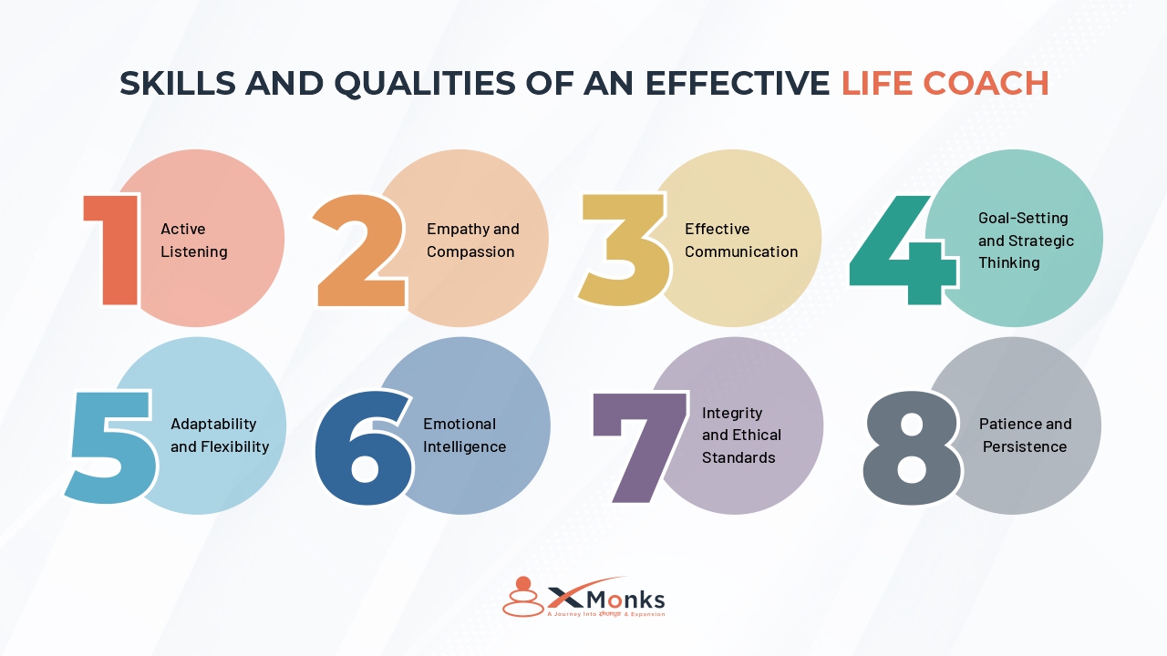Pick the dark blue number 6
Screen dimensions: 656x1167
coord(362,446)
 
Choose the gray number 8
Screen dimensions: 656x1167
coord(912,446)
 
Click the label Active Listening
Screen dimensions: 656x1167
coord(193,241)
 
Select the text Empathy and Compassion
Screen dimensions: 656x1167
coord(472,241)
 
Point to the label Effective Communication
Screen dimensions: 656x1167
coord(740,241)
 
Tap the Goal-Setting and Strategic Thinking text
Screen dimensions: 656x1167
coord(1026,241)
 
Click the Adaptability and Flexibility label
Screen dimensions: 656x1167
coord(219,436)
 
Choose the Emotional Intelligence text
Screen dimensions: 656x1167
coord(464,436)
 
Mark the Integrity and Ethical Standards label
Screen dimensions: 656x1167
coord(741,436)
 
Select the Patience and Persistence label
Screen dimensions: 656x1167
coord(1025,436)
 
